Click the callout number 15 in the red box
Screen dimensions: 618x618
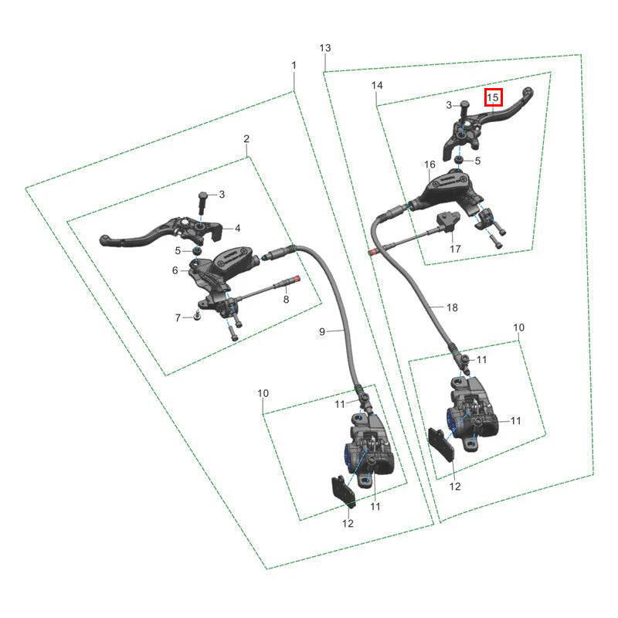click(x=493, y=97)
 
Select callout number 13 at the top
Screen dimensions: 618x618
click(x=325, y=48)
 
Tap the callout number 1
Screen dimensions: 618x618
click(x=294, y=65)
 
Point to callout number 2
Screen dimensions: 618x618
click(x=246, y=139)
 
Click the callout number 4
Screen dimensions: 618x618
click(x=238, y=228)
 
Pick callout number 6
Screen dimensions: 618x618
click(x=175, y=270)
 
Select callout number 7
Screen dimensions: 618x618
click(x=178, y=317)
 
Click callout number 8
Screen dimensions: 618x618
click(x=286, y=300)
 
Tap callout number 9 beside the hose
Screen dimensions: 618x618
click(x=322, y=332)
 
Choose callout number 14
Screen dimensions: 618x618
click(x=377, y=85)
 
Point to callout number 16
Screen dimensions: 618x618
click(x=430, y=165)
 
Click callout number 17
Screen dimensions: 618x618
click(x=455, y=249)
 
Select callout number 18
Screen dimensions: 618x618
click(x=452, y=307)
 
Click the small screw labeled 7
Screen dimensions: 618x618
click(x=197, y=315)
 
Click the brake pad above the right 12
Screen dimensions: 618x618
click(x=441, y=443)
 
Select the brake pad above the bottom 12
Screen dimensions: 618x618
click(x=344, y=491)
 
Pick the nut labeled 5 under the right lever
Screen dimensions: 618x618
click(x=459, y=160)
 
